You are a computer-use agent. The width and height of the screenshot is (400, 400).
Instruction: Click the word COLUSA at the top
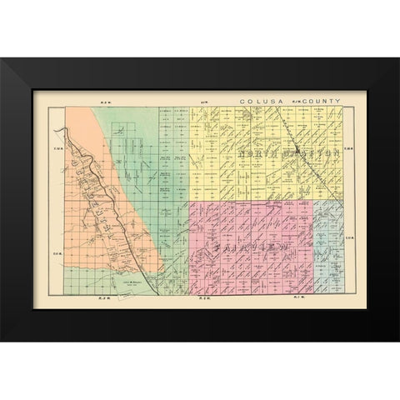(x=255, y=101)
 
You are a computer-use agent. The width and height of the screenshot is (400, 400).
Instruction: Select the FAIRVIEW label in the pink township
(x=247, y=247)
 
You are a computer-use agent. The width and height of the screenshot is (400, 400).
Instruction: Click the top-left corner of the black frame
(x=2, y=59)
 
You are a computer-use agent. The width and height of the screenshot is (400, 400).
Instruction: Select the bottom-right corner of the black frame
(x=397, y=340)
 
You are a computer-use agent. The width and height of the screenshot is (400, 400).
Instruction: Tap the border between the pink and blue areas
(x=314, y=250)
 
